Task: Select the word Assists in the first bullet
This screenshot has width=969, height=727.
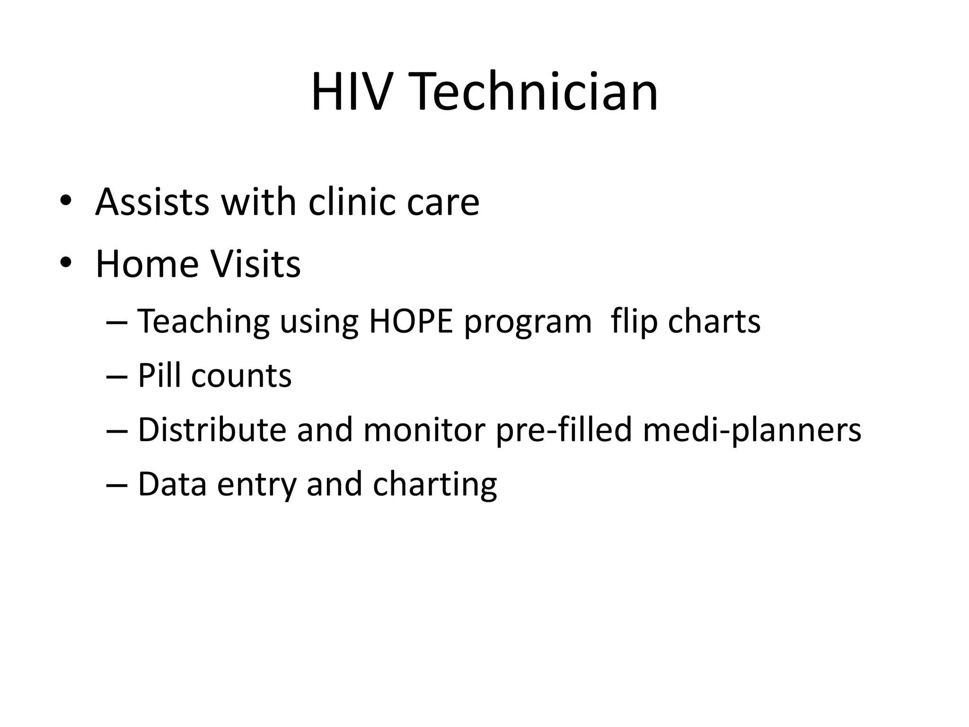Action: [x=152, y=202]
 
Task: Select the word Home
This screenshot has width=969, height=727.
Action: [x=147, y=264]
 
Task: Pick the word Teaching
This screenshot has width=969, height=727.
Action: [x=203, y=321]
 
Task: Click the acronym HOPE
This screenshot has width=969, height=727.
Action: [x=411, y=321]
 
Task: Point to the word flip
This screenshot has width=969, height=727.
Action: [x=634, y=321]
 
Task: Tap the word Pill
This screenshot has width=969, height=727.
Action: [x=159, y=376]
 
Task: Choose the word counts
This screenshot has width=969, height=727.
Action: [x=241, y=376]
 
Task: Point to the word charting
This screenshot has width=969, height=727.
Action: [x=435, y=485]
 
